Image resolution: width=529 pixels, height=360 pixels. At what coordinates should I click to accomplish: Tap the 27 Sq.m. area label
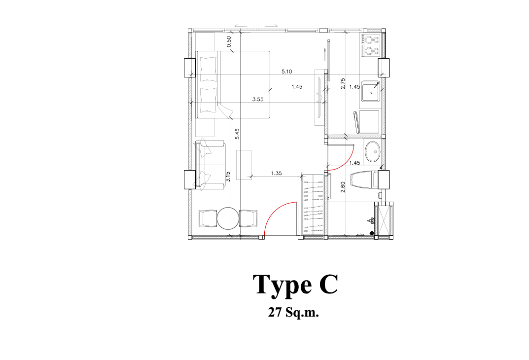click(x=293, y=313)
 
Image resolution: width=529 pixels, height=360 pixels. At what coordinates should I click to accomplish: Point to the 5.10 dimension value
click(x=286, y=72)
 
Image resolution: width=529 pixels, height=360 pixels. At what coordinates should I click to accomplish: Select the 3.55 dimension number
click(x=258, y=100)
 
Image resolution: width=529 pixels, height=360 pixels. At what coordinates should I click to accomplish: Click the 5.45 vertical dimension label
click(x=237, y=134)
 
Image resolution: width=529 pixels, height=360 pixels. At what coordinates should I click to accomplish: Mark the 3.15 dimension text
click(x=228, y=177)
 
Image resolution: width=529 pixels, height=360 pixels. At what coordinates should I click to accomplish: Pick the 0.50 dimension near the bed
click(x=229, y=42)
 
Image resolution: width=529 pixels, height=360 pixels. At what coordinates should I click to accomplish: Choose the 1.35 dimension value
click(x=276, y=174)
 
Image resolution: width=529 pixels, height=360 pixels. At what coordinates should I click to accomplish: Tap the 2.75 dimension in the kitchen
click(x=343, y=84)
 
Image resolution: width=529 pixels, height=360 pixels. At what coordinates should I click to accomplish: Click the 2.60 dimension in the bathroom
click(x=343, y=187)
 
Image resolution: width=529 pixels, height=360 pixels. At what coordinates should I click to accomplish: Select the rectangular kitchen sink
click(x=371, y=91)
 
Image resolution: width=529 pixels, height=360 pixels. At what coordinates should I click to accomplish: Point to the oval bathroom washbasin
click(x=372, y=152)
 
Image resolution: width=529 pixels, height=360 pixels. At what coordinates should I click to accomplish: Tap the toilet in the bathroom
click(x=364, y=180)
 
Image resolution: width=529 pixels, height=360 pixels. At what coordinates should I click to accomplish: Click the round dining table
click(x=228, y=218)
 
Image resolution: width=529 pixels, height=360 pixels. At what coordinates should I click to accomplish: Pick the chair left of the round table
click(x=208, y=218)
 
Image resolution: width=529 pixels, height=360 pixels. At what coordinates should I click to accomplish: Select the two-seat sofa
click(x=210, y=165)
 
